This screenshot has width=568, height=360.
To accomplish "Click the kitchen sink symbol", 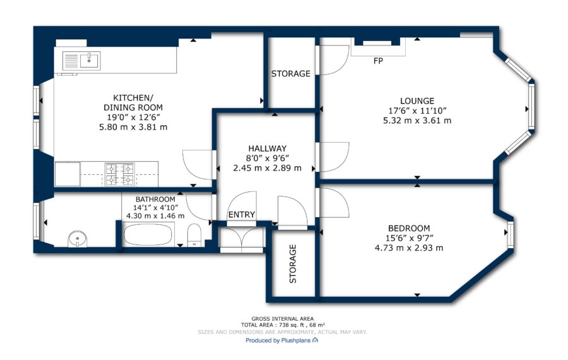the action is (81, 61).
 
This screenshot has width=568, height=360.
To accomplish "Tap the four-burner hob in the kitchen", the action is (119, 174).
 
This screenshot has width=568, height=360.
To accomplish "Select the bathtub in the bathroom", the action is (148, 234).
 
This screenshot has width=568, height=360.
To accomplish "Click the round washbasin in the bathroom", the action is (78, 239).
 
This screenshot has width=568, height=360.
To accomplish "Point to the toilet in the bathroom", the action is (194, 235).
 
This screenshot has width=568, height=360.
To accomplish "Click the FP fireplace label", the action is (378, 61).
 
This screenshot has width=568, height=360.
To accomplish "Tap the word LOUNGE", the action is (417, 101).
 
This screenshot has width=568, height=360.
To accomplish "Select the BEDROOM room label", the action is (409, 229).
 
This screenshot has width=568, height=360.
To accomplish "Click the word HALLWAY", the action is (268, 148).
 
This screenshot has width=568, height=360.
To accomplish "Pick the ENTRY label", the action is (242, 215).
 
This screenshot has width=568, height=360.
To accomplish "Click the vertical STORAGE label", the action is (293, 263).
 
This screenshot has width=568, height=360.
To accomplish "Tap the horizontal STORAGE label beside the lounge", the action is (291, 74).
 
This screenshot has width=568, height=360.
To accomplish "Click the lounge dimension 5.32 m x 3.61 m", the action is (417, 121).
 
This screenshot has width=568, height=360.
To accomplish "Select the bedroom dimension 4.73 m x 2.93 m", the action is (409, 248).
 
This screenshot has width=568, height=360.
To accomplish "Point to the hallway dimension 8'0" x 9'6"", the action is (268, 158).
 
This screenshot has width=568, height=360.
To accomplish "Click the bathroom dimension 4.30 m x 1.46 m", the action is (155, 216).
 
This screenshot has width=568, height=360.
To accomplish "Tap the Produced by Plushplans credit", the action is (282, 340).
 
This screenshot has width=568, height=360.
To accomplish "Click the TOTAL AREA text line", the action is (283, 325).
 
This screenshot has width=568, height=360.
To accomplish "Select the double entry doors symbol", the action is (242, 239).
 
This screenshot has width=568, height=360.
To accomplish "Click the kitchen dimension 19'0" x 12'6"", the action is (133, 117).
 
